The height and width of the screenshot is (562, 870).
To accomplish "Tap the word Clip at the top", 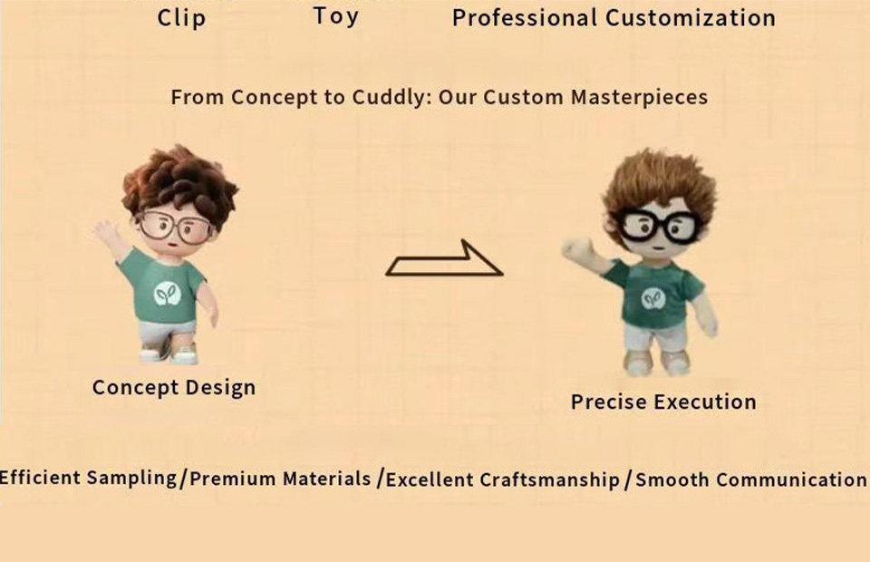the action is pyautogui.click(x=181, y=18).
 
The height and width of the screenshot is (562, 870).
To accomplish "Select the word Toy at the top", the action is pyautogui.click(x=335, y=16).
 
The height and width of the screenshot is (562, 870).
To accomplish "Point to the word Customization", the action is pyautogui.click(x=691, y=18).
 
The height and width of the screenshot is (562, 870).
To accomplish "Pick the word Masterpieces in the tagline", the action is pyautogui.click(x=639, y=97).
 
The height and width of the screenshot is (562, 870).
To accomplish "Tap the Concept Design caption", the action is pyautogui.click(x=174, y=387).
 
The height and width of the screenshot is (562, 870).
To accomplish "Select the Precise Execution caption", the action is pyautogui.click(x=663, y=402).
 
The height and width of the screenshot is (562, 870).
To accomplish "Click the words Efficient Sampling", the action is pyautogui.click(x=88, y=478).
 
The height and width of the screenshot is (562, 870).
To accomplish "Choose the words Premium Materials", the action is pyautogui.click(x=280, y=479).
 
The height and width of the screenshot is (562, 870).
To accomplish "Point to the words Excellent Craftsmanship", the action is pyautogui.click(x=502, y=480).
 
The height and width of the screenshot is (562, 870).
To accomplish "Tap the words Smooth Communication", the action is pyautogui.click(x=750, y=480).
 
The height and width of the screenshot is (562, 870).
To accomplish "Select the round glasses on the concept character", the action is pyautogui.click(x=175, y=228).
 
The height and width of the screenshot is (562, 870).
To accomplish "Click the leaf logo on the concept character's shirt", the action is pyautogui.click(x=168, y=294).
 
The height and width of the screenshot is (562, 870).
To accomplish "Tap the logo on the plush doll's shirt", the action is pyautogui.click(x=653, y=298).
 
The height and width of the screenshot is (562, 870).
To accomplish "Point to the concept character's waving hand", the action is pyautogui.click(x=104, y=232).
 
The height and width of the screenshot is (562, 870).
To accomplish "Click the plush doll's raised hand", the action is pyautogui.click(x=577, y=249).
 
